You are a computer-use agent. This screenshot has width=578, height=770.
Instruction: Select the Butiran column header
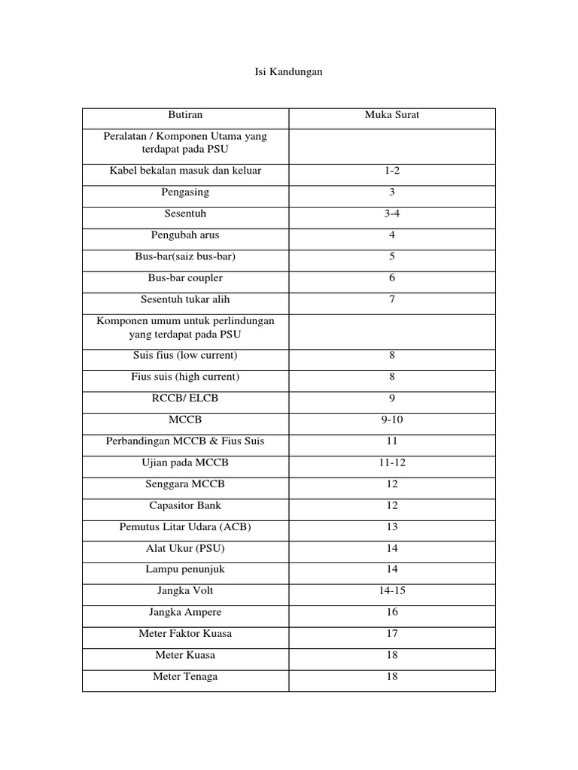coord(185,115)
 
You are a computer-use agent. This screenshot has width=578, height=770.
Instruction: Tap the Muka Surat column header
coord(392,115)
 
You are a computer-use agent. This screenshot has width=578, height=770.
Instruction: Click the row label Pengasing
coord(185,192)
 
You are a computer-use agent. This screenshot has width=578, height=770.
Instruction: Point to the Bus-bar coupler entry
coord(185,277)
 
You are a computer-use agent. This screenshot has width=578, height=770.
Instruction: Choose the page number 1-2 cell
coord(392,171)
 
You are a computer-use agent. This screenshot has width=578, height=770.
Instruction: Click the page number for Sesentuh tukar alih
coord(392,299)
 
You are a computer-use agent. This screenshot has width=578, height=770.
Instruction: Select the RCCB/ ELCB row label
coord(185,398)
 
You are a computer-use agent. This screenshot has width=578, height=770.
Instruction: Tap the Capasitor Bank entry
coord(185,505)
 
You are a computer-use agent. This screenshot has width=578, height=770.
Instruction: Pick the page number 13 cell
coord(392,526)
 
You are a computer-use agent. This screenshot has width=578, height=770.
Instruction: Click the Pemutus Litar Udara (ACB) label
coord(185,526)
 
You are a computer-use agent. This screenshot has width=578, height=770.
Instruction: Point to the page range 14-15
coord(392,591)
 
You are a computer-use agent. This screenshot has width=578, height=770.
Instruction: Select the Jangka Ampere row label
coord(185,612)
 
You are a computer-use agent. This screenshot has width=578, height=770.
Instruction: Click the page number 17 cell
coord(392,634)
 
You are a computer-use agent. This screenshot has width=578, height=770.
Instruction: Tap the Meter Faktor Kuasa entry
coord(185,634)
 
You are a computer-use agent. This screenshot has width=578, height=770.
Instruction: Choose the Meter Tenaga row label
coord(185,677)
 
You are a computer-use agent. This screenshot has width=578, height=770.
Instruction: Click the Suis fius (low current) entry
coord(185,355)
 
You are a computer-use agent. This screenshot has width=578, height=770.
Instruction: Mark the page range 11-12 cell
coord(392,462)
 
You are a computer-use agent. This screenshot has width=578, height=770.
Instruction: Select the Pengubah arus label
coord(185,235)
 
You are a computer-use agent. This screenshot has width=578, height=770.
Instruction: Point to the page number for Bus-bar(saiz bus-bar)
coord(392,256)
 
